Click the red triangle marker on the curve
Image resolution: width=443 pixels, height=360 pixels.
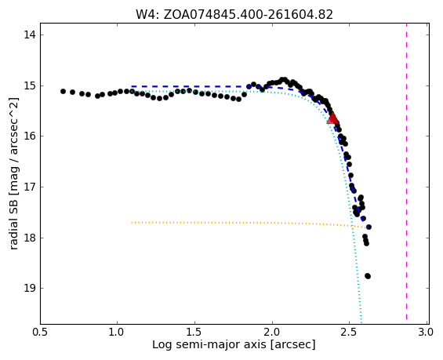pyautogui.click(x=332, y=118)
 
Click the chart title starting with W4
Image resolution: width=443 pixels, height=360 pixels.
pyautogui.click(x=234, y=14)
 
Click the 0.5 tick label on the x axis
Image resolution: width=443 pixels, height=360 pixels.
pyautogui.click(x=40, y=333)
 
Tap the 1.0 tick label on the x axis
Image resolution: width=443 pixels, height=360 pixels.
pyautogui.click(x=117, y=333)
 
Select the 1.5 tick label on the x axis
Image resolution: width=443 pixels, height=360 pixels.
pyautogui.click(x=194, y=333)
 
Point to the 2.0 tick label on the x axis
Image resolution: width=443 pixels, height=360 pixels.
pyautogui.click(x=272, y=333)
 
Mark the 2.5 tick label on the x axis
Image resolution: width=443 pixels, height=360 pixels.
pyautogui.click(x=349, y=333)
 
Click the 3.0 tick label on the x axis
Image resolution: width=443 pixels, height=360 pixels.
pyautogui.click(x=426, y=333)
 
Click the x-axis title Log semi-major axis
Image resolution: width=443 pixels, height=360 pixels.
pyautogui.click(x=234, y=345)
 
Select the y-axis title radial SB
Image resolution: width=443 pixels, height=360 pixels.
pyautogui.click(x=13, y=174)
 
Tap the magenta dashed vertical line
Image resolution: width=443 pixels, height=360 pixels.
pyautogui.click(x=407, y=172)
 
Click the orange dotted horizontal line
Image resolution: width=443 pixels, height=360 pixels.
pyautogui.click(x=250, y=224)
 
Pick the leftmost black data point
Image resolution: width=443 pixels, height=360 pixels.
pyautogui.click(x=63, y=91)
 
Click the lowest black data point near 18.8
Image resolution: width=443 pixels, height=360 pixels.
pyautogui.click(x=368, y=276)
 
